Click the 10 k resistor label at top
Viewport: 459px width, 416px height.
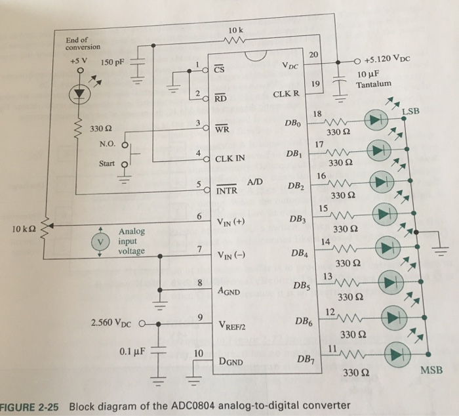(x=237, y=31)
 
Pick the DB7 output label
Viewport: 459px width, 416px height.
(x=306, y=360)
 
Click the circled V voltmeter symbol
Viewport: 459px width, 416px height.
(x=100, y=241)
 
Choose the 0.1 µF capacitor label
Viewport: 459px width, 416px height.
(x=132, y=351)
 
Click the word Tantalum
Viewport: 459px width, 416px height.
(x=373, y=85)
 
